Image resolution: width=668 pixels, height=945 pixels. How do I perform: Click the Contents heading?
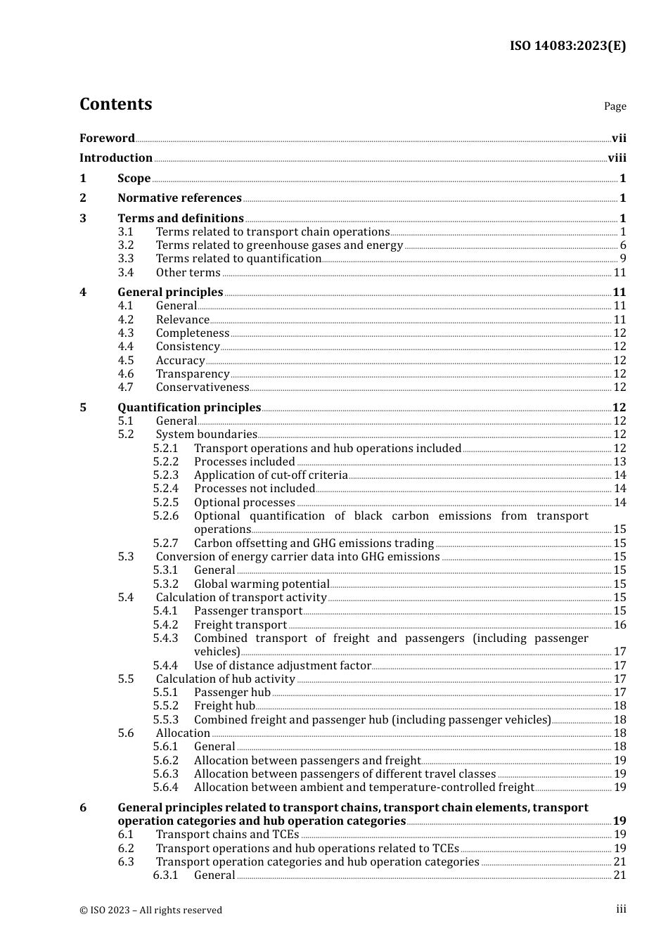[x=115, y=104]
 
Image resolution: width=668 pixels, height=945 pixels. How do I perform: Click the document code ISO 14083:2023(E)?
[x=567, y=46]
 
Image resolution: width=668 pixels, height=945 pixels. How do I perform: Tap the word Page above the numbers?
[x=615, y=106]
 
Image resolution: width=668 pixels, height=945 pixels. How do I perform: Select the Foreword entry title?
[x=107, y=138]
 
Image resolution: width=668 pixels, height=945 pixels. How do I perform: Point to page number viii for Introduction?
[x=617, y=157]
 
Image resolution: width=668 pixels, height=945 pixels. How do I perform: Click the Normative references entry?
[x=179, y=198]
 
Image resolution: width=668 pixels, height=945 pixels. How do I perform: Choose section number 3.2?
[x=126, y=245]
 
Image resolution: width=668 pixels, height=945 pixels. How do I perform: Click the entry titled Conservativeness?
[x=203, y=387]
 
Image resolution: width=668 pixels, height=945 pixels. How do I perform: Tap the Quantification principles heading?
[x=189, y=407]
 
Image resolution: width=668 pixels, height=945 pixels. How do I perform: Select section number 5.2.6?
[x=166, y=515]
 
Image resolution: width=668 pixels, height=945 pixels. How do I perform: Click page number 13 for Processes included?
[x=619, y=461]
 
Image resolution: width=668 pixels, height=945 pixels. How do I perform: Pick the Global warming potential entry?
[x=262, y=584]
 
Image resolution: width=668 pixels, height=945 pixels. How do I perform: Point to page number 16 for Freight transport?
[x=619, y=624]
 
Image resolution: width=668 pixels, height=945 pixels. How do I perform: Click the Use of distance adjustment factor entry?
[x=282, y=665]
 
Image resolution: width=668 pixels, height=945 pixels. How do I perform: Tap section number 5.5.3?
[x=166, y=719]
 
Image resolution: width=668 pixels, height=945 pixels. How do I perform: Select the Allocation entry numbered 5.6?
[x=183, y=733]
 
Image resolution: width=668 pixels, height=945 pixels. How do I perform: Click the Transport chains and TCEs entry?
[x=227, y=834]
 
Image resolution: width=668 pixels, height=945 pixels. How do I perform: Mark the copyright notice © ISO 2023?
[x=150, y=910]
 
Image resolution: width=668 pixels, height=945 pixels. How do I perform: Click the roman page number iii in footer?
[x=621, y=908]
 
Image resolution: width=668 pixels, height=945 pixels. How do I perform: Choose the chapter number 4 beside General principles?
[x=83, y=292]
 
